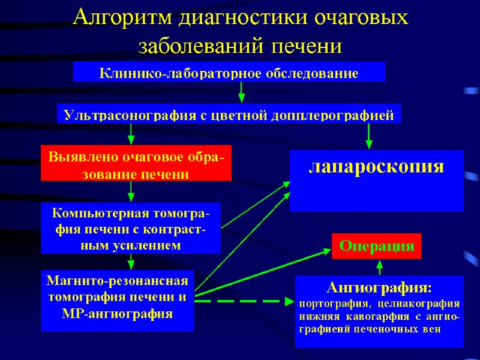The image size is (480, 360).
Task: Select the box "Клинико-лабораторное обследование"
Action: point(229,73)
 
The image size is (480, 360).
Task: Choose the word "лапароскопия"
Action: point(376,166)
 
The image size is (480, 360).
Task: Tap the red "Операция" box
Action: point(377,246)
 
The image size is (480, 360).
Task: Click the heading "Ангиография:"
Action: point(379,286)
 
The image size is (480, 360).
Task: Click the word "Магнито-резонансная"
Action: point(118,281)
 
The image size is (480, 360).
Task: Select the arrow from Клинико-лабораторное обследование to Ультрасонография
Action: point(241,92)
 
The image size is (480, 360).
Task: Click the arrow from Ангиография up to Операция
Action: point(379,266)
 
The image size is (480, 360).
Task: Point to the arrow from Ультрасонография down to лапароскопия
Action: point(369,136)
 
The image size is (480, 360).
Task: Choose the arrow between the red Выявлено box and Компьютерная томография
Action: point(131,191)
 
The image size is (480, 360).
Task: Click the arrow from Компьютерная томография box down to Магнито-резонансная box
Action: point(131,262)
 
